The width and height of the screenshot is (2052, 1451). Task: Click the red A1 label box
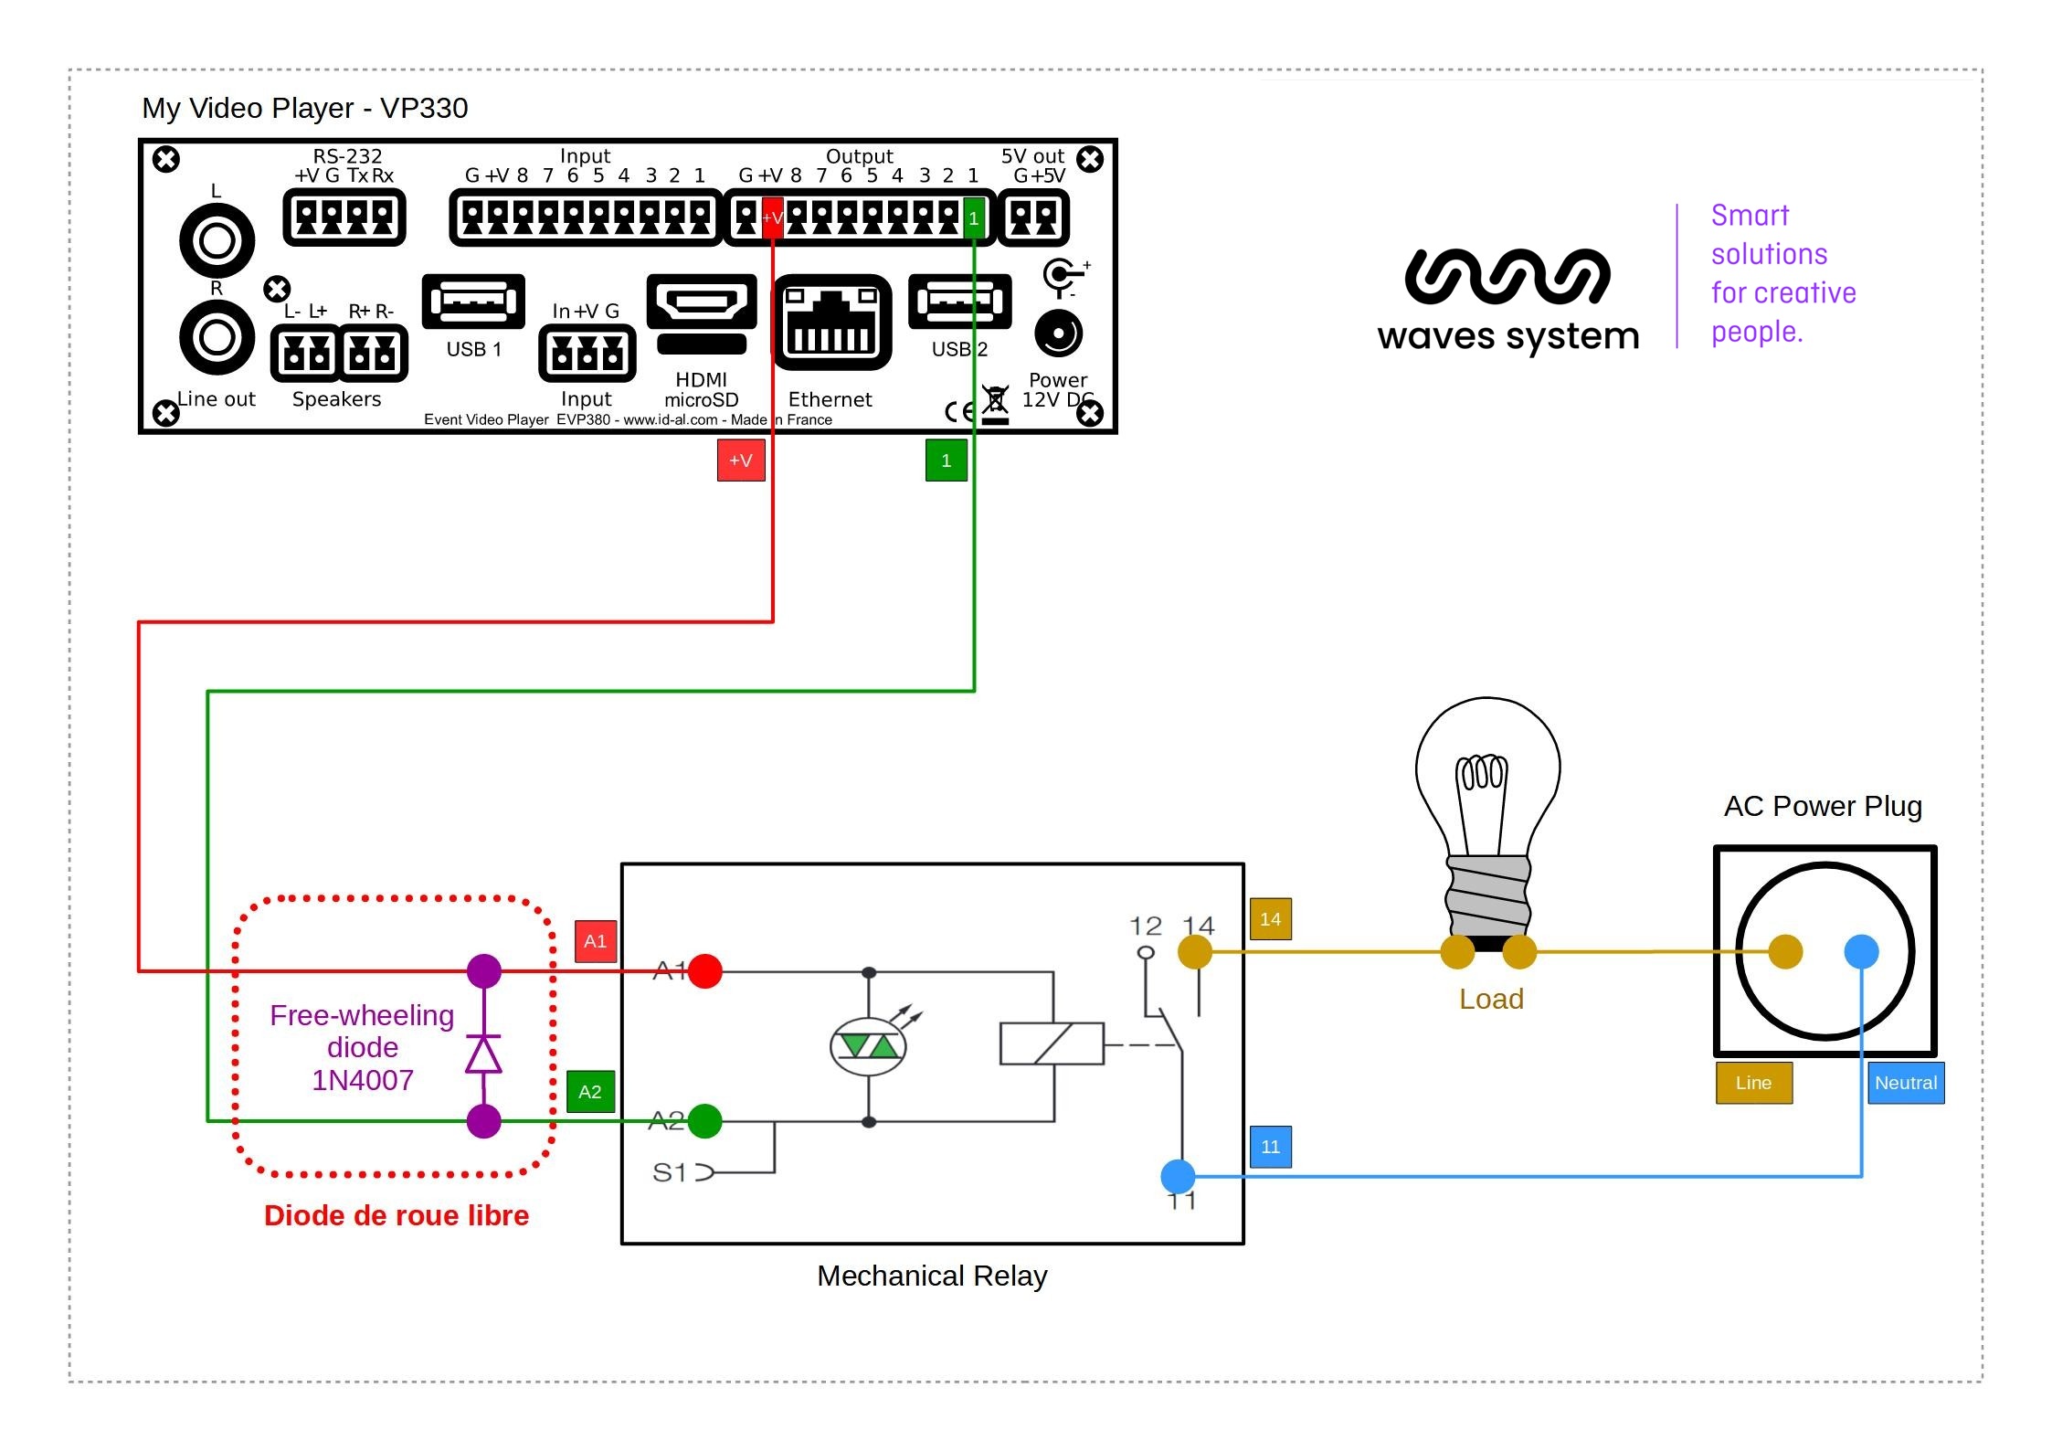pyautogui.click(x=595, y=941)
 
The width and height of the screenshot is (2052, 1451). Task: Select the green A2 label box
pyautogui.click(x=590, y=1091)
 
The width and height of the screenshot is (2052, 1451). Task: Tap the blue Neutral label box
pyautogui.click(x=1905, y=1083)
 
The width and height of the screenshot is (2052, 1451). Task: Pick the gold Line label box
pyautogui.click(x=1753, y=1083)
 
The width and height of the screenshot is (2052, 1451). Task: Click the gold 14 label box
pyautogui.click(x=1270, y=919)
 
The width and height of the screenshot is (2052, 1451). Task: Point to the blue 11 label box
pyautogui.click(x=1270, y=1147)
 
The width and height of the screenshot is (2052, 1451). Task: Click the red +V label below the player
pyautogui.click(x=740, y=461)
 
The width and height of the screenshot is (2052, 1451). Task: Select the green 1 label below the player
pyautogui.click(x=946, y=461)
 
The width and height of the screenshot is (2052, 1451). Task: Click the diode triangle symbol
pyautogui.click(x=483, y=1054)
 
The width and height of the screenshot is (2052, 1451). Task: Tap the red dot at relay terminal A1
pyautogui.click(x=705, y=970)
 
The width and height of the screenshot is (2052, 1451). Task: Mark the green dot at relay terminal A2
pyautogui.click(x=704, y=1121)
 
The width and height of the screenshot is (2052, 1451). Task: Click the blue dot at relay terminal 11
pyautogui.click(x=1178, y=1176)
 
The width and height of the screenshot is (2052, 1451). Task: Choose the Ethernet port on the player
pyautogui.click(x=831, y=323)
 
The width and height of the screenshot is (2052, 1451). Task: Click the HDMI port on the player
pyautogui.click(x=701, y=302)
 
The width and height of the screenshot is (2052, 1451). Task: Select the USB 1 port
pyautogui.click(x=473, y=301)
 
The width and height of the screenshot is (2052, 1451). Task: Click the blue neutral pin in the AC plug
pyautogui.click(x=1861, y=951)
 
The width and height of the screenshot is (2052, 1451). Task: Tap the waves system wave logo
pyautogui.click(x=1507, y=276)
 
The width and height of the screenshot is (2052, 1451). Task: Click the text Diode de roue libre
pyautogui.click(x=397, y=1215)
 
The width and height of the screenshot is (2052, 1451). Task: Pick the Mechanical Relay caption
pyautogui.click(x=932, y=1276)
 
